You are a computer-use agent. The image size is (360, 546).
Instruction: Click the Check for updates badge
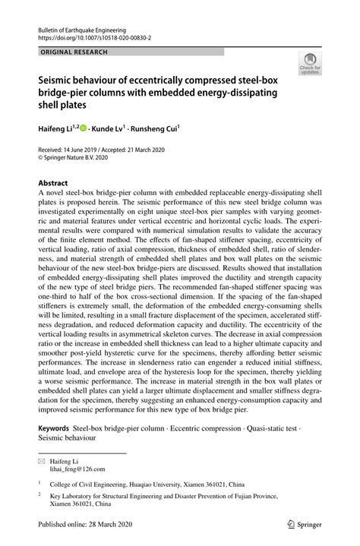pyautogui.click(x=310, y=65)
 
